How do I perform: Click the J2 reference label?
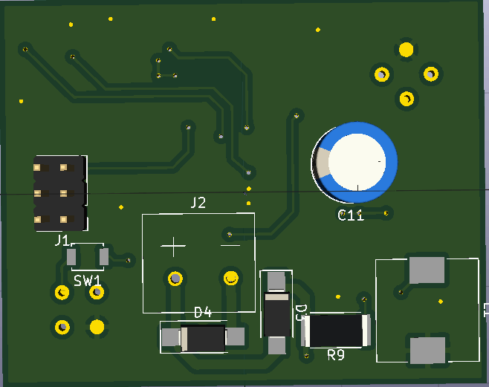pyautogui.click(x=198, y=203)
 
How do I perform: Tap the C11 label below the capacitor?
pyautogui.click(x=351, y=216)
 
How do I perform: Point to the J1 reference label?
pyautogui.click(x=62, y=240)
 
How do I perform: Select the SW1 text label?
pyautogui.click(x=88, y=280)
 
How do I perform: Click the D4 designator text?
pyautogui.click(x=203, y=312)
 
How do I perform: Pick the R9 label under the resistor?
pyautogui.click(x=336, y=356)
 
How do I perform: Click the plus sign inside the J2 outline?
pyautogui.click(x=174, y=245)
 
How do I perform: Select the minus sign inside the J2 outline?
pyautogui.click(x=230, y=242)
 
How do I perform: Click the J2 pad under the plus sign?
pyautogui.click(x=175, y=279)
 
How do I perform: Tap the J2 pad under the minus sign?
pyautogui.click(x=230, y=279)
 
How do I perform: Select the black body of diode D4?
pyautogui.click(x=203, y=339)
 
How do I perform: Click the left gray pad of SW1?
pyautogui.click(x=71, y=258)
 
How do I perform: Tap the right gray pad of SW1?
pyautogui.click(x=104, y=258)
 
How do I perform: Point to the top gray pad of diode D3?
pyautogui.click(x=276, y=281)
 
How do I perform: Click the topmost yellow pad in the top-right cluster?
pyautogui.click(x=406, y=50)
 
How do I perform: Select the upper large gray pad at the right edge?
pyautogui.click(x=427, y=269)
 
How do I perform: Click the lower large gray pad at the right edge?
pyautogui.click(x=427, y=350)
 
